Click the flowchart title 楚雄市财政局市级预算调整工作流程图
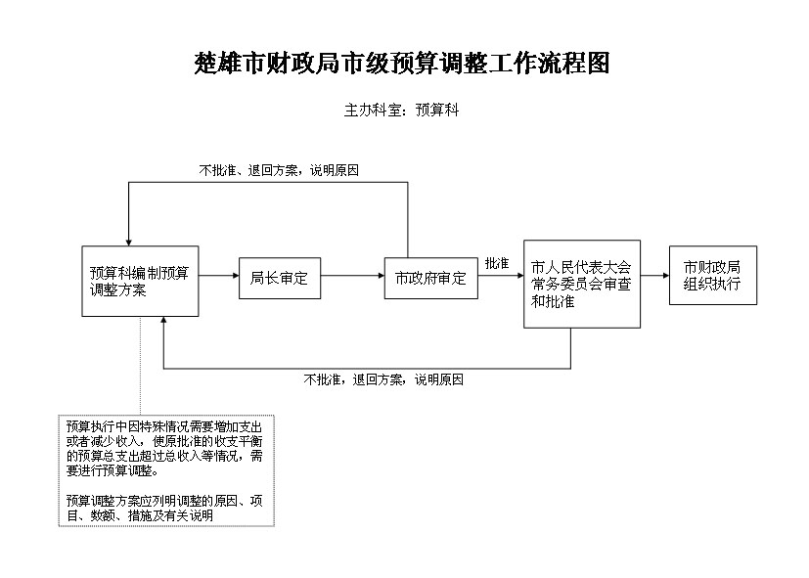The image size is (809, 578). click(402, 63)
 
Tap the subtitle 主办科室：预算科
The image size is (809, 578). click(401, 110)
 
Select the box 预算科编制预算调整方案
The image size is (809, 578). click(140, 281)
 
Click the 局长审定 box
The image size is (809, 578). click(280, 279)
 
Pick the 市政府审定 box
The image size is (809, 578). click(430, 279)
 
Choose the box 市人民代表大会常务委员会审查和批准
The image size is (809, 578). click(582, 284)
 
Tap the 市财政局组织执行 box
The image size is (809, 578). click(713, 276)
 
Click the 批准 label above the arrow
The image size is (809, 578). click(497, 263)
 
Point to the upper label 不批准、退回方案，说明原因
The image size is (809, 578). click(279, 170)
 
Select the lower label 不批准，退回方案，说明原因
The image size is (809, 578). click(383, 380)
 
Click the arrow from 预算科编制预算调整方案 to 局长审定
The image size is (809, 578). click(219, 276)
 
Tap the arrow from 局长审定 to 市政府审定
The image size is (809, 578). click(352, 276)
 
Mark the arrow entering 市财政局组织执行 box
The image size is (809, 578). click(654, 276)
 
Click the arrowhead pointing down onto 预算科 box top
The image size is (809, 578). click(129, 243)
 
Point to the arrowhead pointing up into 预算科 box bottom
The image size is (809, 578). click(163, 320)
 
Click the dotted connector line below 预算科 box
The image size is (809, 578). click(140, 366)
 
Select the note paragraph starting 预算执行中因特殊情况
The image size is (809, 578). click(164, 449)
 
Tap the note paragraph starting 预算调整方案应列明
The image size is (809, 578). click(164, 508)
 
